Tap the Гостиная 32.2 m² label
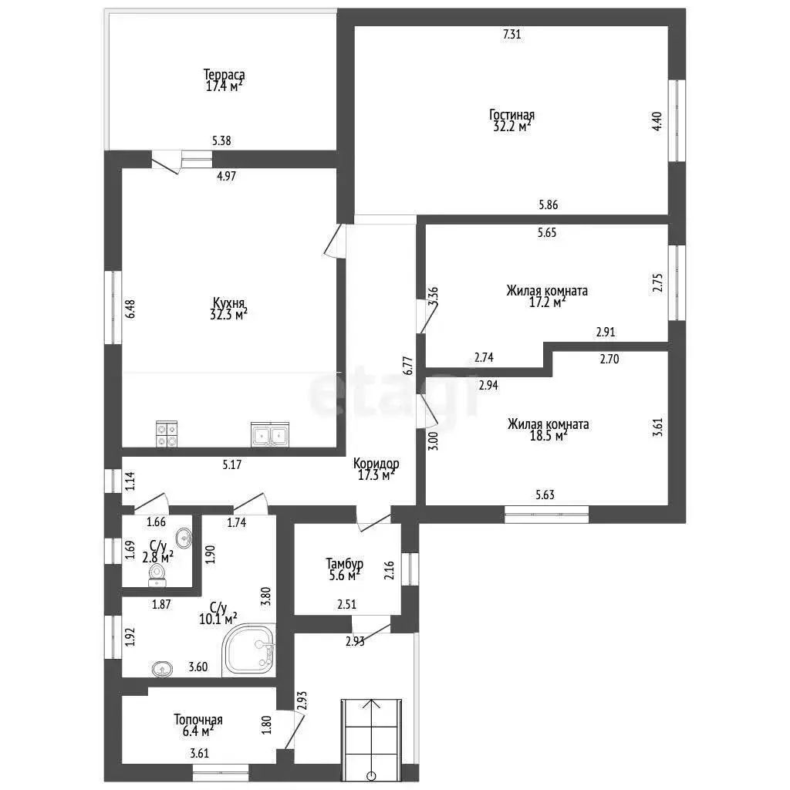[512, 120]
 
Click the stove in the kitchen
[167, 434]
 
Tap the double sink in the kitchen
[270, 435]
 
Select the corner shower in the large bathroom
[249, 650]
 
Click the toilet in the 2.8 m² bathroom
[157, 575]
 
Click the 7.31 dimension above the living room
[512, 34]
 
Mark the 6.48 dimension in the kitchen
[130, 309]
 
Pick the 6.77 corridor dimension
[408, 365]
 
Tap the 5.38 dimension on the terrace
[221, 140]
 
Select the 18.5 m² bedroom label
[549, 430]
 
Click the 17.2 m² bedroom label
[547, 297]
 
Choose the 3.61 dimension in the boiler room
[200, 754]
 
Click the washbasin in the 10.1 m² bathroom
[162, 669]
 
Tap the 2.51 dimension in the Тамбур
[346, 604]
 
